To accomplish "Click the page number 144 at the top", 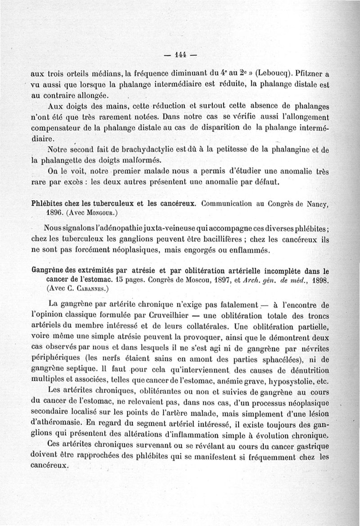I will tap(180, 56).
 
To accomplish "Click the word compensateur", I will tap(54, 128).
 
